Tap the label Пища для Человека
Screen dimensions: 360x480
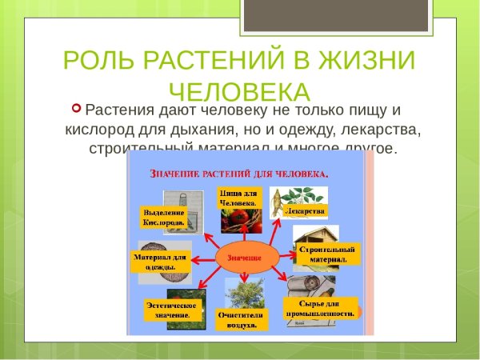(x=238, y=198)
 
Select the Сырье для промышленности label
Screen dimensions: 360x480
(x=319, y=309)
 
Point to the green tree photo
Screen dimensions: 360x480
(x=242, y=292)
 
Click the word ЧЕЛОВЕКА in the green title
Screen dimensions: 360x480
(x=240, y=90)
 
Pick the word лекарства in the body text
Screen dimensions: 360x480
(x=382, y=129)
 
